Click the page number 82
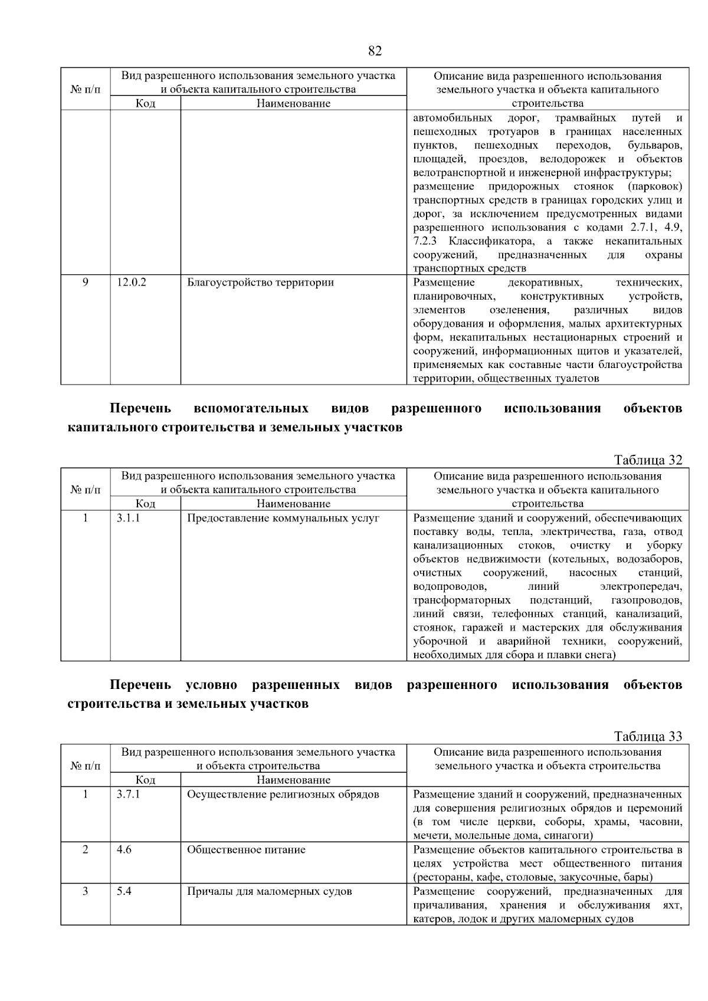(375, 51)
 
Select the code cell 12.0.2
(132, 282)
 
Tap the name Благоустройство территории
(260, 282)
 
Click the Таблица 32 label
(648, 460)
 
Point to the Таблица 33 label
(648, 736)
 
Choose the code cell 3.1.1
(128, 518)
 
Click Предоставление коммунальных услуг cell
(283, 518)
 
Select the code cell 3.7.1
(128, 794)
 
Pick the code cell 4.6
(124, 849)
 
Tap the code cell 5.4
(124, 891)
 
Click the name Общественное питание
(246, 849)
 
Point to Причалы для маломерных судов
(269, 891)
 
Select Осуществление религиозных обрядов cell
(283, 794)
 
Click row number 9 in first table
(86, 282)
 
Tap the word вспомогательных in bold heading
(251, 408)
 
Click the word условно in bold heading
(211, 685)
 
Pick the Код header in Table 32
(145, 504)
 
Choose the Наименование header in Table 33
(293, 780)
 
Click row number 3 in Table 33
(86, 891)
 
